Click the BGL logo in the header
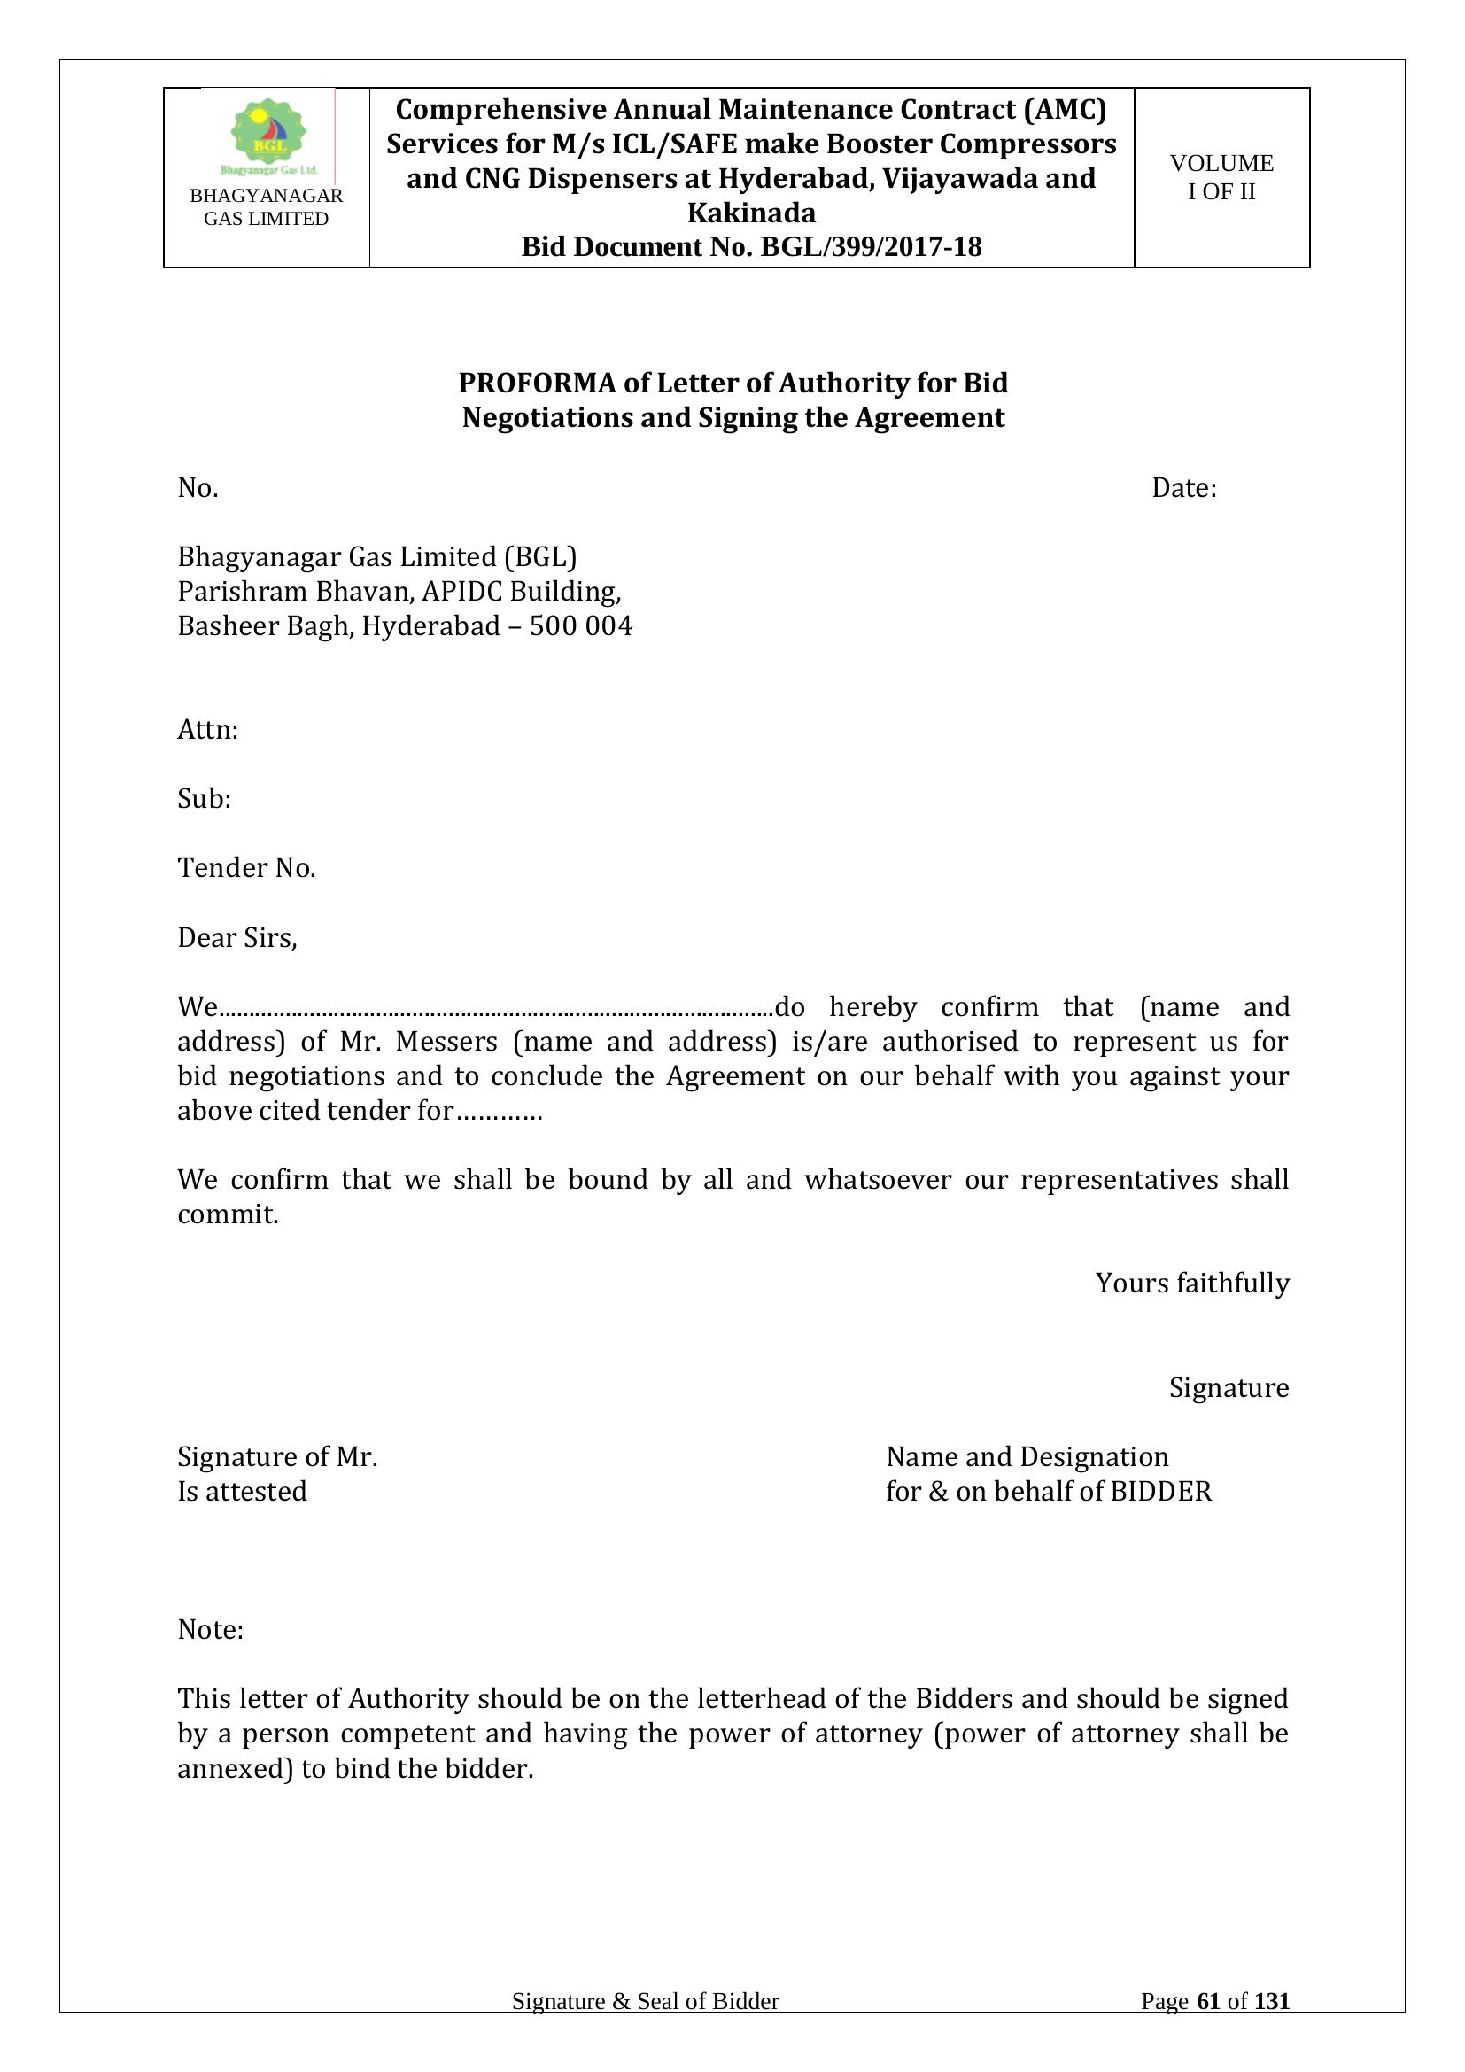pos(267,136)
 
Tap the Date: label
pos(1183,488)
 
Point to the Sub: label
pos(204,799)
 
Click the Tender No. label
pos(246,868)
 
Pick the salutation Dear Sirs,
pos(237,937)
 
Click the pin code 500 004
pos(581,626)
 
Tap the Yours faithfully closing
pos(1191,1284)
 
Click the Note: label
pos(210,1630)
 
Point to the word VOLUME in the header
pos(1221,163)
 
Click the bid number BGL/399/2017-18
pos(871,247)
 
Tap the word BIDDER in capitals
pos(1161,1492)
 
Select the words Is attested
pos(242,1492)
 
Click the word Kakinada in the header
pos(751,213)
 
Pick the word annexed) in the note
pos(236,1769)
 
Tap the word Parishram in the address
pos(237,592)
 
